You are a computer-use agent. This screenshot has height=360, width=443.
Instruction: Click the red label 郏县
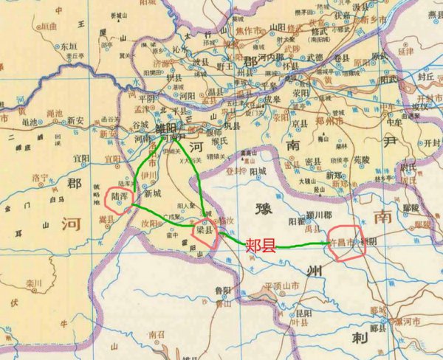[x=261, y=245]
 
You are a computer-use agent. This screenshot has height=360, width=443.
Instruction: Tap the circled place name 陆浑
[x=120, y=197]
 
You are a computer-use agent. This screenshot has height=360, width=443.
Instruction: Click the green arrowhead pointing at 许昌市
[x=329, y=243]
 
